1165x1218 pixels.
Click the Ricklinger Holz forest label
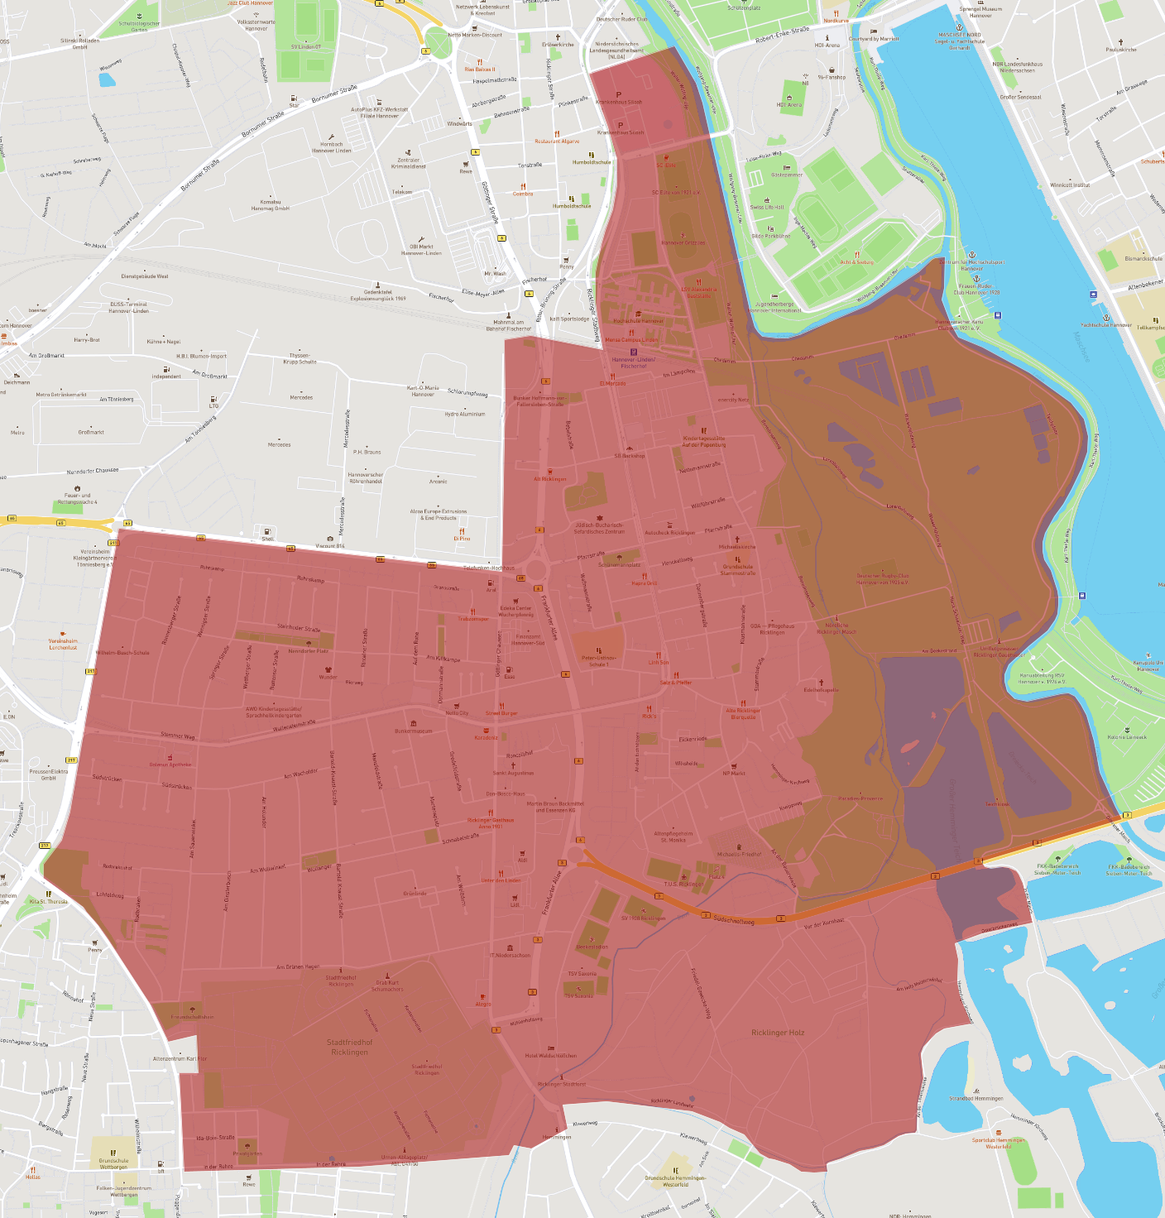[777, 1033]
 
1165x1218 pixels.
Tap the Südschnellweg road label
[734, 920]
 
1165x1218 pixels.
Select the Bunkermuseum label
[414, 731]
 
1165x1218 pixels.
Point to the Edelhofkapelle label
[821, 689]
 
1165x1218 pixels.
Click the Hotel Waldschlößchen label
[551, 1055]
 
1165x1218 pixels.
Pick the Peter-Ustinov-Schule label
[597, 661]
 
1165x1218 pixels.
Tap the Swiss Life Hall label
[767, 207]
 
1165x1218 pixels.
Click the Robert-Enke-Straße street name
[782, 35]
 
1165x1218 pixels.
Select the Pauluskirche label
[1121, 50]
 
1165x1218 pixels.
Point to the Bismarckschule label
[1143, 258]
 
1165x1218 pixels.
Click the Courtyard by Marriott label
[874, 38]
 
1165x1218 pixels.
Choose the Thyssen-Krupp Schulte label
[300, 358]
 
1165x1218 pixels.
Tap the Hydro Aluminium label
[464, 414]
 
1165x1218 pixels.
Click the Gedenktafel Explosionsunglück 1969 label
[377, 295]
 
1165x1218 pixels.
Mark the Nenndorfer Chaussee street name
[93, 471]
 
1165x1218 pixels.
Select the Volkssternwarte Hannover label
[256, 26]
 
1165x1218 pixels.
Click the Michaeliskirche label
[737, 546]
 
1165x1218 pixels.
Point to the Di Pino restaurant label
[462, 538]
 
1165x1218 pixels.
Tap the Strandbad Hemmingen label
[976, 1098]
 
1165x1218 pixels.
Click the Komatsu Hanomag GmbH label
[271, 205]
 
